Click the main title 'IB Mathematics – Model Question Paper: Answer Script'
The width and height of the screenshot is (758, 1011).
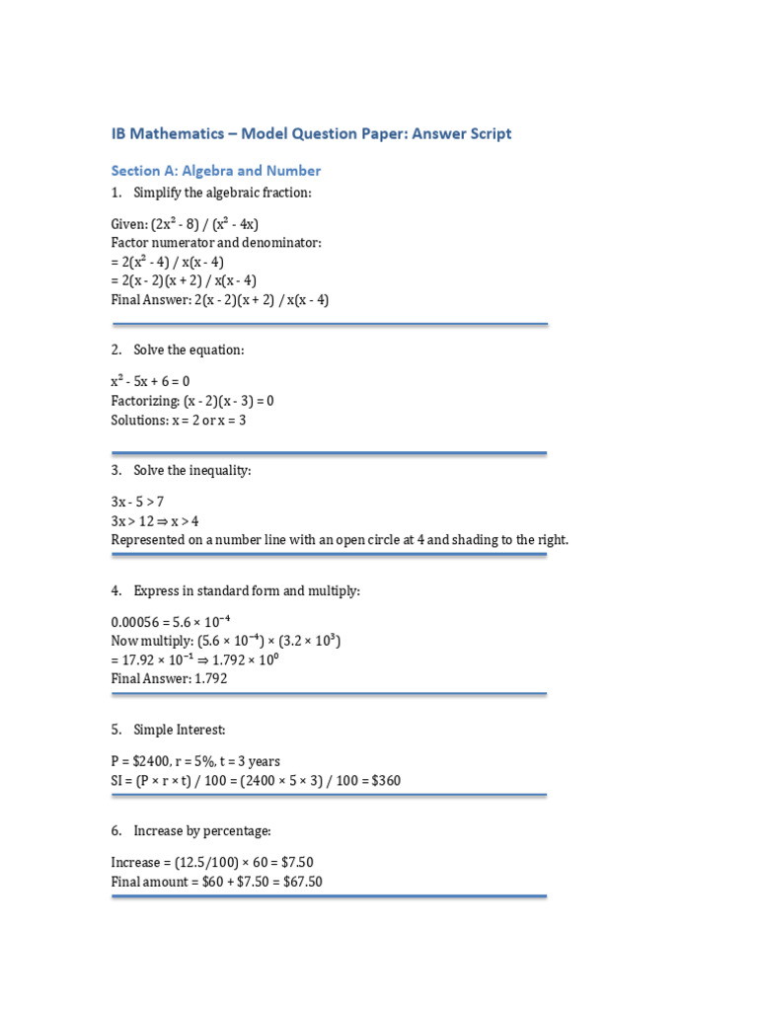311,133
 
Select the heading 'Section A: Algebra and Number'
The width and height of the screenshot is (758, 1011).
216,171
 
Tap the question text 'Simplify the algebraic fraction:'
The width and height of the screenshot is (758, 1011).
222,193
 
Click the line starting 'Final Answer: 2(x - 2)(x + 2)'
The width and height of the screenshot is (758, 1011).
220,300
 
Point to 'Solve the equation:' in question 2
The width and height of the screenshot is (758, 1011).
189,350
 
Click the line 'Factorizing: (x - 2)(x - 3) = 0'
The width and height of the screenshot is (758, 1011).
192,401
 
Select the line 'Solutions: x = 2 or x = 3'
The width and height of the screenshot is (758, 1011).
179,420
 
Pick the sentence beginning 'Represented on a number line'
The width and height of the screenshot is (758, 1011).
341,540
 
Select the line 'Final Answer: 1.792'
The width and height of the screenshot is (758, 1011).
169,680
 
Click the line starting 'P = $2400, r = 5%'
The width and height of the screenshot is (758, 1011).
195,761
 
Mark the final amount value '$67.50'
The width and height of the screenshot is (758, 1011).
303,882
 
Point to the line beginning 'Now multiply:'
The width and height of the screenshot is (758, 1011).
226,642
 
